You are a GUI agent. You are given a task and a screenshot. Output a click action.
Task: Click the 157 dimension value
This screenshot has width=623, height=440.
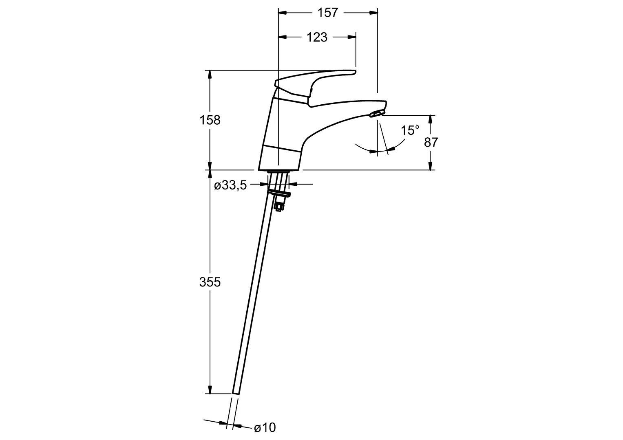coord(328,13)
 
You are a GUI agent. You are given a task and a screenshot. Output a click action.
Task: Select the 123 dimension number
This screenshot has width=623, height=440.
coord(317,37)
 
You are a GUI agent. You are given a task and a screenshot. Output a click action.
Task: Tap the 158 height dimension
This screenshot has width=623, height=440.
coord(210,120)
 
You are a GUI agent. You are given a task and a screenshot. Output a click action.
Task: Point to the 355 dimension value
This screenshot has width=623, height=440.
coord(210,282)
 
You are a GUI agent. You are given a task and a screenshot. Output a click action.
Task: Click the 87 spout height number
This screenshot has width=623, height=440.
coord(431,142)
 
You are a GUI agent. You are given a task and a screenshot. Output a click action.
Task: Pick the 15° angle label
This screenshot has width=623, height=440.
coord(410,130)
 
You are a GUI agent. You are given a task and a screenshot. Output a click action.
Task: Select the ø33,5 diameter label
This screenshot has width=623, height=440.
coord(230,185)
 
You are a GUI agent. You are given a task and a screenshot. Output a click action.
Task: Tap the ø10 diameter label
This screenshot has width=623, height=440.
coord(265,427)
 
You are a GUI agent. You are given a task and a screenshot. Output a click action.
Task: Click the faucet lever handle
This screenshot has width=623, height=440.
coord(314,84)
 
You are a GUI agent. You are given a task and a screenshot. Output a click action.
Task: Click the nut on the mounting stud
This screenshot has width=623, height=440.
coord(279,206)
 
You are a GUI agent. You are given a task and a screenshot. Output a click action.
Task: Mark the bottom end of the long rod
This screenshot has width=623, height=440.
coord(236,394)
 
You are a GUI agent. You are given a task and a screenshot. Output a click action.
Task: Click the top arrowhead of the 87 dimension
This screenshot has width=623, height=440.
coord(430,119)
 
